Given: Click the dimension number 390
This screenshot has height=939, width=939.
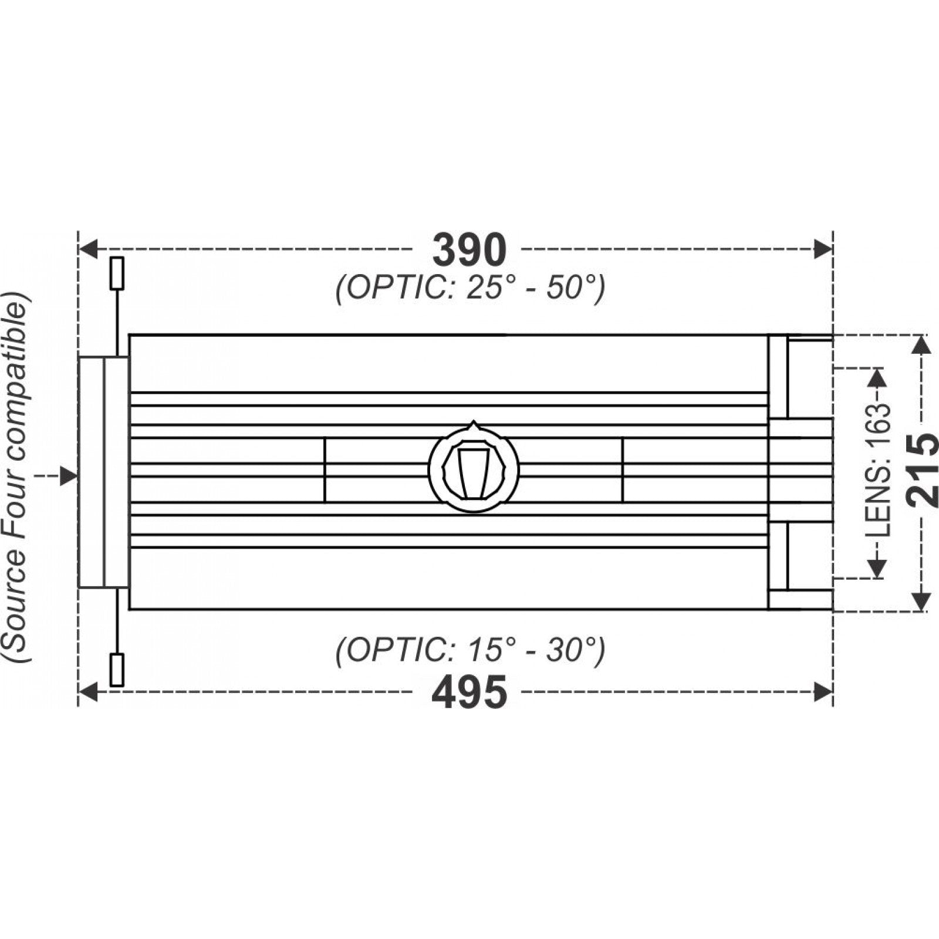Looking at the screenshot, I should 469,250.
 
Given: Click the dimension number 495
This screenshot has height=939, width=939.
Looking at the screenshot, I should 469,693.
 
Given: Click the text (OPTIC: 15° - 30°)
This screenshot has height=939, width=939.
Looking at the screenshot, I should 470,650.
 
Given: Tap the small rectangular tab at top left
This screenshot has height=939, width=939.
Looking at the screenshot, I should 117,273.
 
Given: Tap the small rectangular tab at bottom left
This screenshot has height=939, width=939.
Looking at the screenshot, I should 117,670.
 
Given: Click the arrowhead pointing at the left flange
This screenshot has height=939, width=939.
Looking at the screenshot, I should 69,476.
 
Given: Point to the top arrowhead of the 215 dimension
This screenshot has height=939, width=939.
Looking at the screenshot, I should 922,344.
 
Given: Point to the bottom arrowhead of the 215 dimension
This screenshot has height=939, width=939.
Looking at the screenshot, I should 922,601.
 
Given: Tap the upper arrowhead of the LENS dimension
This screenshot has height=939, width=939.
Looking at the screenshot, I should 877,377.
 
